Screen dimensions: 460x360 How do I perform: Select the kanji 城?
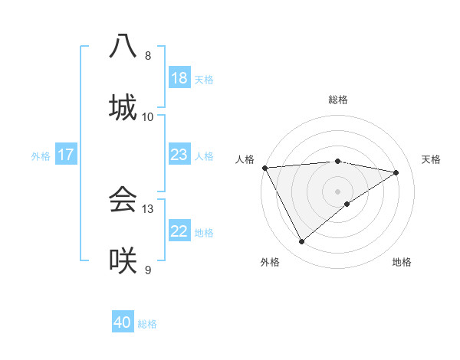[x=123, y=106]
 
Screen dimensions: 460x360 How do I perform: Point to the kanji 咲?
[x=123, y=260]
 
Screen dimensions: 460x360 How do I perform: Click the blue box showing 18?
[x=179, y=78]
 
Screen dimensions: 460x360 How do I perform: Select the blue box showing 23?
[x=179, y=155]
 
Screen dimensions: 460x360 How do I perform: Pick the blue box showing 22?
[x=179, y=231]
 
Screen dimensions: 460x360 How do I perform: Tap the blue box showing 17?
[x=66, y=155]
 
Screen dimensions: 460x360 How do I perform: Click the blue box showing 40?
[x=123, y=322]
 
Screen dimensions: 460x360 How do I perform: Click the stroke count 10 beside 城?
[x=148, y=116]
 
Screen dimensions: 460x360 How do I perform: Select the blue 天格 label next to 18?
[x=204, y=79]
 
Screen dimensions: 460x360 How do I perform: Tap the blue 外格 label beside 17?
[x=41, y=155]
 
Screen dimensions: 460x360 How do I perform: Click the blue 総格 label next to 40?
[x=147, y=323]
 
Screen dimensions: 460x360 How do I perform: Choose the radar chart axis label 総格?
[x=338, y=100]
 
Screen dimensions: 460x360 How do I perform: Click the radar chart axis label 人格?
[x=245, y=159]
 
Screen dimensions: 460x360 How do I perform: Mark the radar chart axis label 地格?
[x=402, y=262]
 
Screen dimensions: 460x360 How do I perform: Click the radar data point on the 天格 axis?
[x=396, y=172]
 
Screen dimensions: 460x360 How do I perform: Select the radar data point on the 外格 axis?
[x=301, y=242]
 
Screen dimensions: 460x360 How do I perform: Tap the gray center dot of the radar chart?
[x=338, y=191]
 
